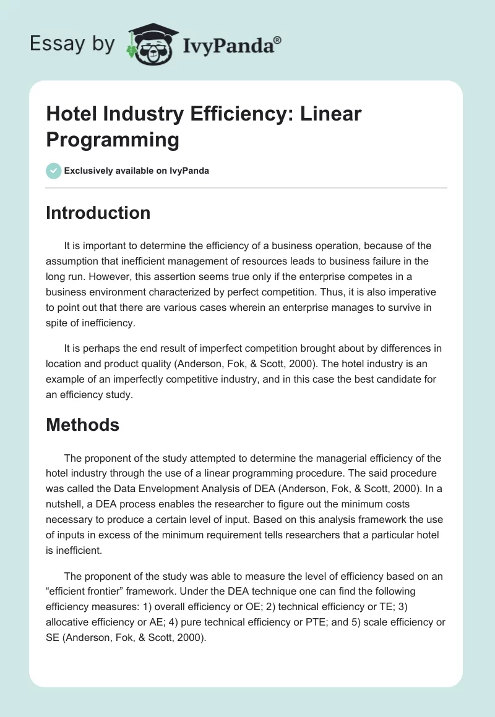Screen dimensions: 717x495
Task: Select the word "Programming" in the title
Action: pos(113,139)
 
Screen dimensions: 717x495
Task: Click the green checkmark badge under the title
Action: pos(54,171)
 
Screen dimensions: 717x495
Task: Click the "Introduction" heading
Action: pos(98,213)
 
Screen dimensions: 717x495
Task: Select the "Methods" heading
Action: pos(82,425)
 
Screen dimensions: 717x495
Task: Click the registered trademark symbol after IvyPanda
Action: pos(278,40)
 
